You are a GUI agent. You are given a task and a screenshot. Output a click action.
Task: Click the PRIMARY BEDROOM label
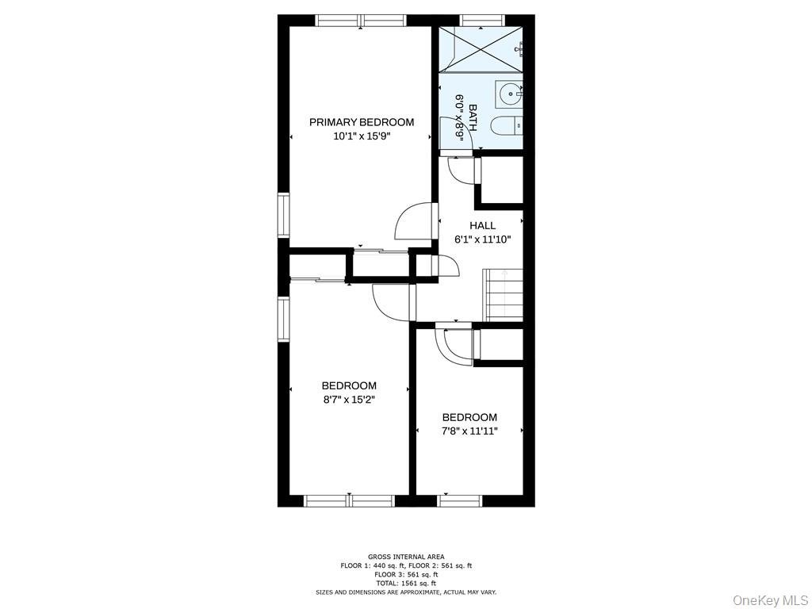[362, 122]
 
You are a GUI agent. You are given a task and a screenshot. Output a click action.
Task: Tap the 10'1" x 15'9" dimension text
[362, 136]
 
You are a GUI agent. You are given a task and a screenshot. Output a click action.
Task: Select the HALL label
[482, 225]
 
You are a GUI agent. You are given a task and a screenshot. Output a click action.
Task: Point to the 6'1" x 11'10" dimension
[482, 239]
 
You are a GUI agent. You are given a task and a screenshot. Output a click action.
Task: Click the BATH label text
[473, 117]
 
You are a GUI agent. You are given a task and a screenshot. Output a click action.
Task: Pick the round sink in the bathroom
[509, 94]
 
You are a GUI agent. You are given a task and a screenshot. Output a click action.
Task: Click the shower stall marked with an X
[481, 50]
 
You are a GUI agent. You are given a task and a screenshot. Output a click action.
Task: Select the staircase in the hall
[503, 295]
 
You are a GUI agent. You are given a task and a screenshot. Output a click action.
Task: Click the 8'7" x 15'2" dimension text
[349, 400]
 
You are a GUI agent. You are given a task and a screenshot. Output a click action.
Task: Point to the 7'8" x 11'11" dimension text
[469, 431]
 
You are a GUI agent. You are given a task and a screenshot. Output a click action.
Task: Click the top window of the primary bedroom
[361, 20]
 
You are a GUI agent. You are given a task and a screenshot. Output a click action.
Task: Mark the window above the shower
[481, 20]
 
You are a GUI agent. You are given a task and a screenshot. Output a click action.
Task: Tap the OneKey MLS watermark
[770, 599]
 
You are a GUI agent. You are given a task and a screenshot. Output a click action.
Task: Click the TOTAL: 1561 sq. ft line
[406, 583]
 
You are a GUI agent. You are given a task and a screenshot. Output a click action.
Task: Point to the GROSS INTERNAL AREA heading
[406, 557]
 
